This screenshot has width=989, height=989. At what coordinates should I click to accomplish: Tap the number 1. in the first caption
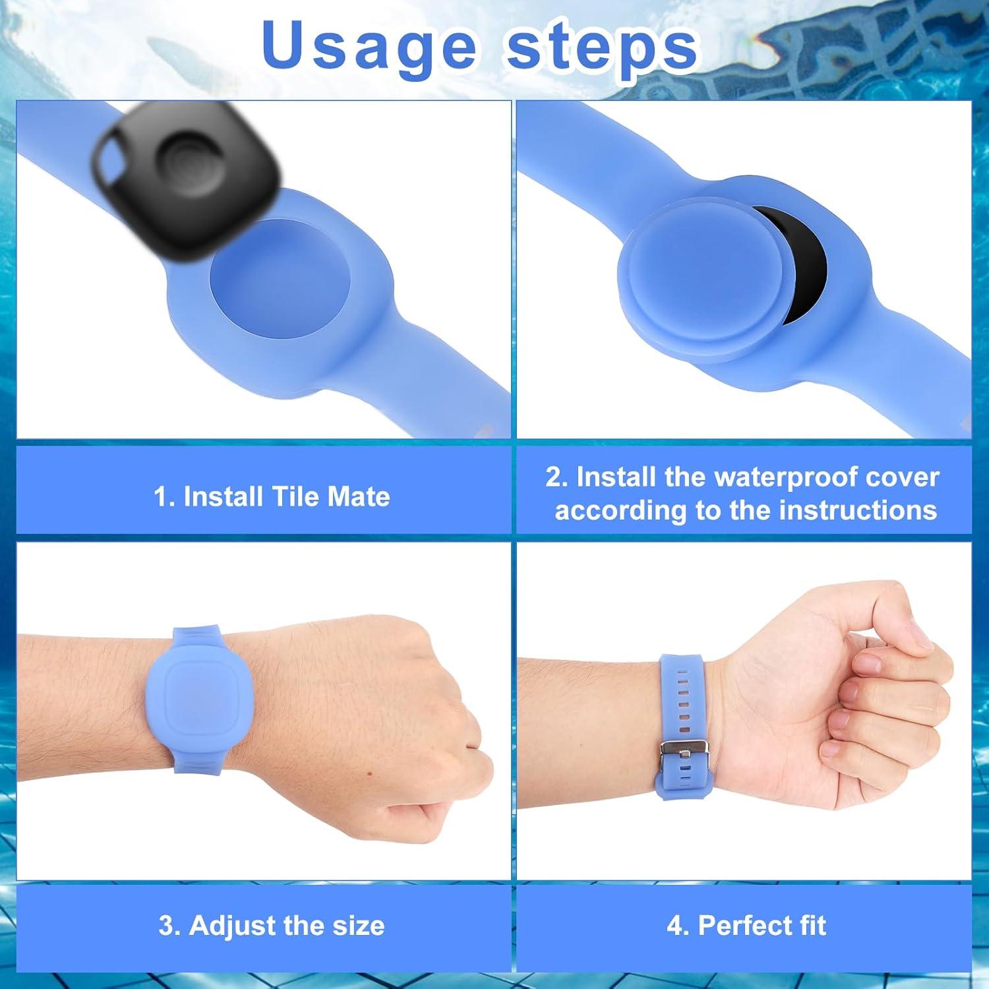tap(164, 496)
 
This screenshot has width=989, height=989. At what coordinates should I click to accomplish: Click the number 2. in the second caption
tap(556, 477)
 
